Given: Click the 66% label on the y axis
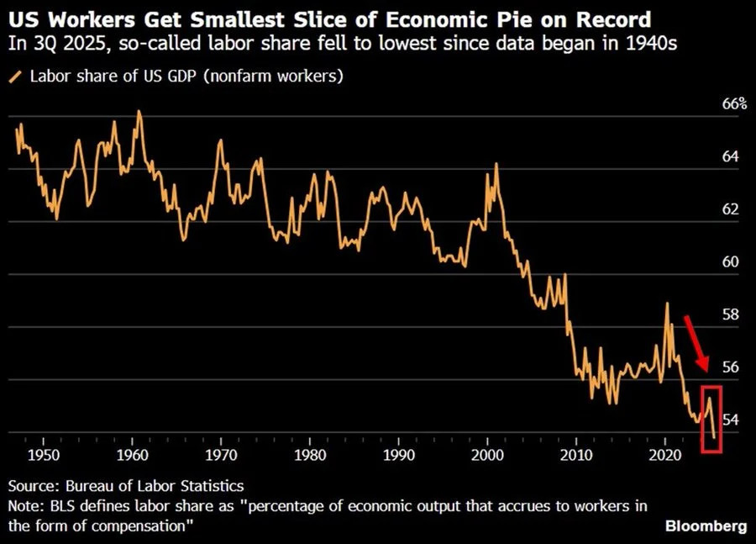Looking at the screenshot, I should tap(733, 104).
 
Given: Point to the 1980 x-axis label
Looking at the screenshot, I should tap(309, 455).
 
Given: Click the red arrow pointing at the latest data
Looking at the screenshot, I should tap(696, 341).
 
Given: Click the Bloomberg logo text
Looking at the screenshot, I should tap(706, 526).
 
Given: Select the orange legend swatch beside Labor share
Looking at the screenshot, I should tap(14, 77).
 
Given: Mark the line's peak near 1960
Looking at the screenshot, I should tap(139, 112).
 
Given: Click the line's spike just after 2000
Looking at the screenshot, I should tap(496, 164).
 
